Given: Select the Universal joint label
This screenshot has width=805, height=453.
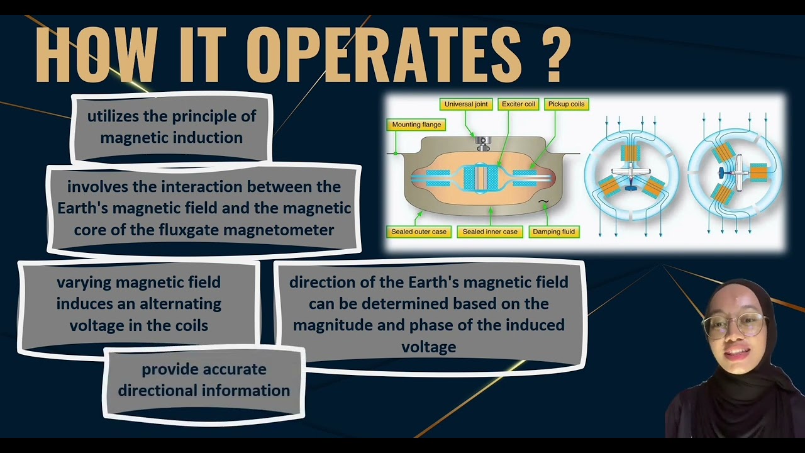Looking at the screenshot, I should point(466,104).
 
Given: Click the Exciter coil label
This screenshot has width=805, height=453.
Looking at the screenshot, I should point(518,104).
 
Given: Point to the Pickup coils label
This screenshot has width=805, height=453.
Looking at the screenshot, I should point(566,104).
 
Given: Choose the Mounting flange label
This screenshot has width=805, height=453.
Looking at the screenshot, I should point(416,125).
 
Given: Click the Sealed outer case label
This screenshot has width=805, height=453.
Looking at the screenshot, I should point(419,232).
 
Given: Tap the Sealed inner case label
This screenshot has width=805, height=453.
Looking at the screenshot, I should point(490,232).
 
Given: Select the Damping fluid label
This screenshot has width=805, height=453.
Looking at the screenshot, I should point(553,232).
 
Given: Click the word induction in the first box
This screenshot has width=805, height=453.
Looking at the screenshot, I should point(207,138).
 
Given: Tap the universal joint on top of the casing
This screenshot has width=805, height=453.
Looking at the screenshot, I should point(483,143).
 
